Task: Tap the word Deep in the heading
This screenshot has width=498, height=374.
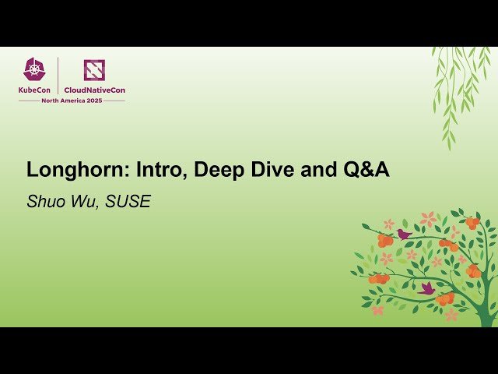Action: pos(216,170)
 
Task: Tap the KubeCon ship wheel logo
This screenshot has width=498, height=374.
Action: pos(35,69)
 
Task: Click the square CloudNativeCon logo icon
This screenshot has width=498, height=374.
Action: pos(94,70)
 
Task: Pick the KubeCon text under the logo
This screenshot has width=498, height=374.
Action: pos(35,90)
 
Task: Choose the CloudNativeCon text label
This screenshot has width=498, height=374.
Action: pos(94,90)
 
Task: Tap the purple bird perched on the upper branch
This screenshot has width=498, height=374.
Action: pos(404,234)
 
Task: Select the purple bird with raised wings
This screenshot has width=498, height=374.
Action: pos(426,288)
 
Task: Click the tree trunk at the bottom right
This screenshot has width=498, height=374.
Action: pos(486,308)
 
